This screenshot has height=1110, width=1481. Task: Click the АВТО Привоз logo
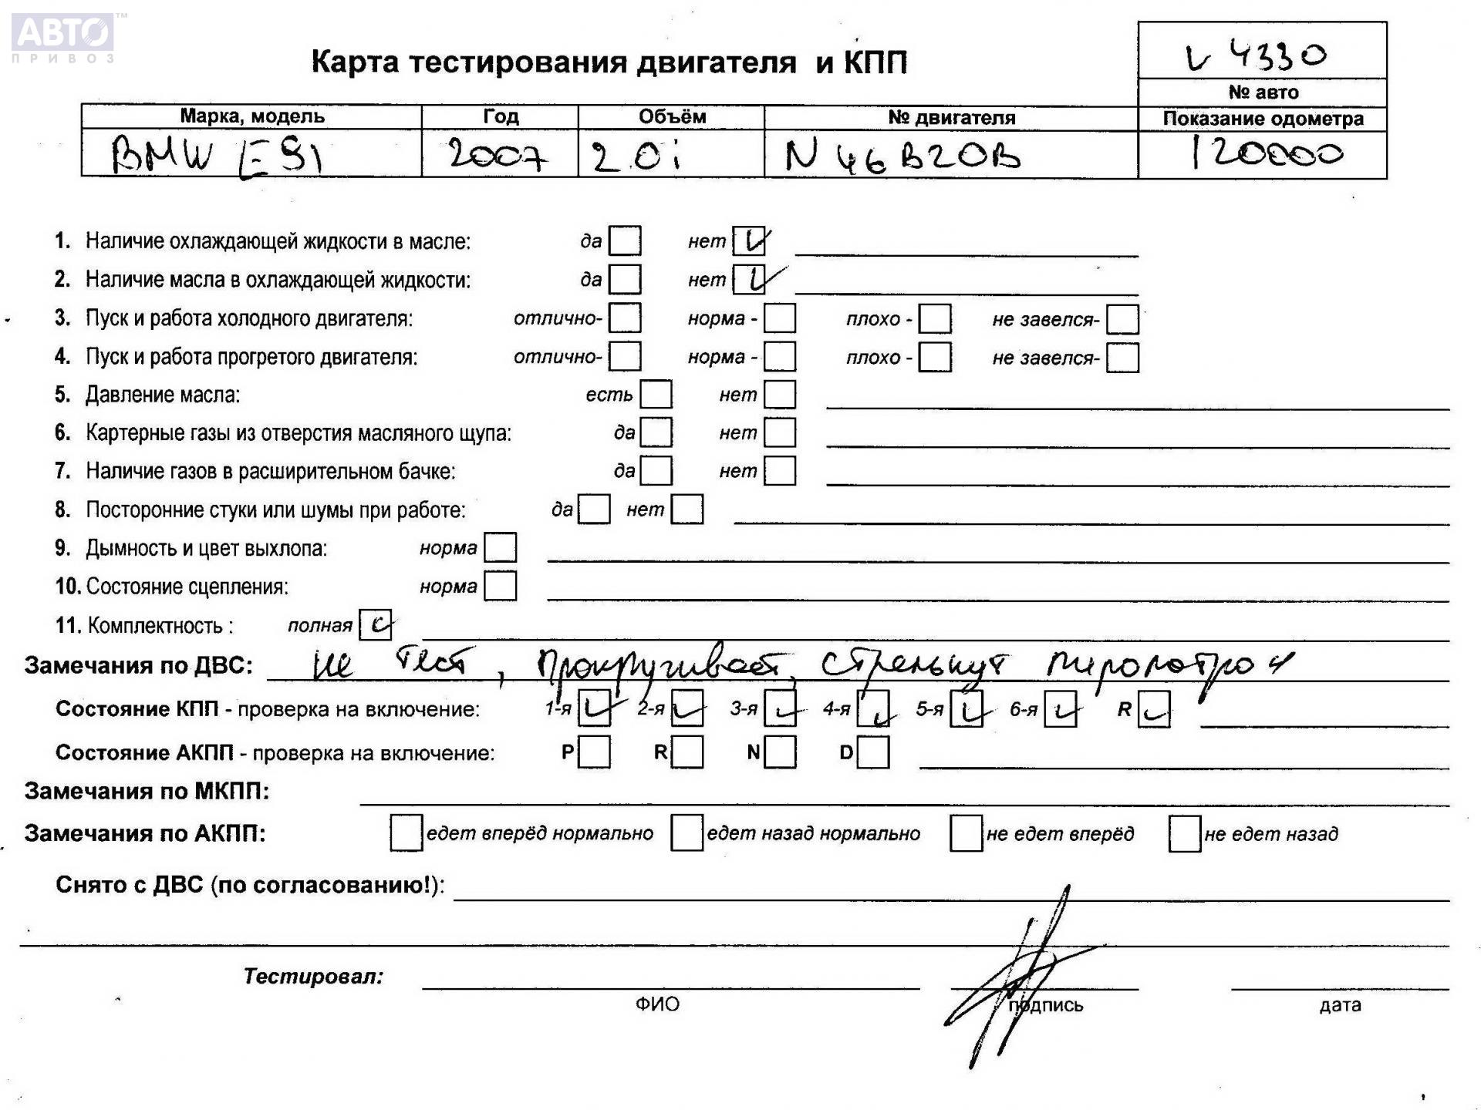(62, 37)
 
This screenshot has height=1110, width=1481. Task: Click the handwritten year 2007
(498, 155)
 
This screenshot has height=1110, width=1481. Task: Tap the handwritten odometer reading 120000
(1265, 153)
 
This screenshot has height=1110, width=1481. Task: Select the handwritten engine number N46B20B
(902, 156)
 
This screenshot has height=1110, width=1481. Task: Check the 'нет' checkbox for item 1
(748, 241)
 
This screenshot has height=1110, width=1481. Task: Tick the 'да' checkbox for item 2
(624, 279)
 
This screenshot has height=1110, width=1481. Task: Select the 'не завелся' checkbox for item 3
(1122, 319)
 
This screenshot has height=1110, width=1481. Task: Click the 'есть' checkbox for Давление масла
(656, 395)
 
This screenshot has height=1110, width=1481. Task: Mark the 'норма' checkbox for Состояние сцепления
(500, 586)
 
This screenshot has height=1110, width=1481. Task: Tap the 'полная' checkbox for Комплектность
(376, 625)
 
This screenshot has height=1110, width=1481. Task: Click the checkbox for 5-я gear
(967, 709)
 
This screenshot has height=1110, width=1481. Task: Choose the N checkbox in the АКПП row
(780, 752)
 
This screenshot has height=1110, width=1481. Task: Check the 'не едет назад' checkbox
(1184, 833)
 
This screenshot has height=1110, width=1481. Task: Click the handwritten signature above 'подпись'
(1018, 979)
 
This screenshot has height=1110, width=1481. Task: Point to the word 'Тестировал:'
(313, 977)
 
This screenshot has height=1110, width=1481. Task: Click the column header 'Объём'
(671, 117)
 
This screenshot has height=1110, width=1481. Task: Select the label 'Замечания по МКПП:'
(147, 792)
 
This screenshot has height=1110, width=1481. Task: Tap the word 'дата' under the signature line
(1340, 1005)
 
